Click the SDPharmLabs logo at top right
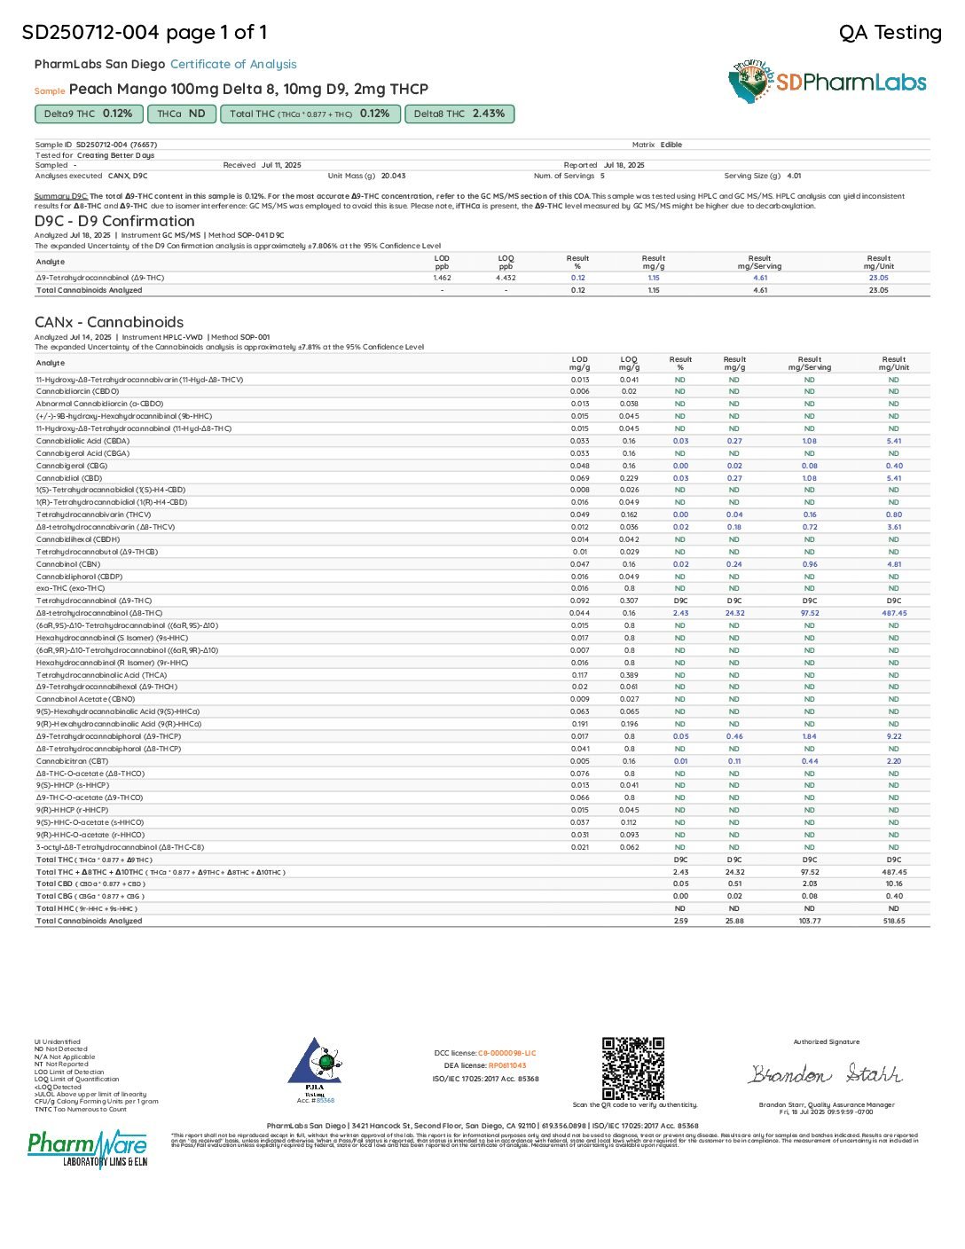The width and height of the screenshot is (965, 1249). (x=827, y=82)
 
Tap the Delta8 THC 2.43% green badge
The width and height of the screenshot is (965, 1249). (x=459, y=114)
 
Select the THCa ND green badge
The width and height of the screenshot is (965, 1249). (x=181, y=114)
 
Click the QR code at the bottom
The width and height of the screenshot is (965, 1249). (x=632, y=1068)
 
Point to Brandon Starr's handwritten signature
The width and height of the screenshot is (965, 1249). (x=826, y=1074)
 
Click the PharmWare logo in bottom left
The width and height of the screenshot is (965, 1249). (x=87, y=1149)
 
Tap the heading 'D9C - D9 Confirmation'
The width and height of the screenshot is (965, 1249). (x=114, y=221)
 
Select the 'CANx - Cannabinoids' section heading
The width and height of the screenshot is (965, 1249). (x=109, y=322)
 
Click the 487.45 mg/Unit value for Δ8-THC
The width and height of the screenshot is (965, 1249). (x=893, y=613)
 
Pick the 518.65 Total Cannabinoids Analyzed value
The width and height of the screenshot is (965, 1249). (x=893, y=921)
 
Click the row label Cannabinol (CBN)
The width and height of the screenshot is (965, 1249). (x=68, y=564)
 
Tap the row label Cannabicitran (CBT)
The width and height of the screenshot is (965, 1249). (x=72, y=761)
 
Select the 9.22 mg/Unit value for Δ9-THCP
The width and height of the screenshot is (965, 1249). (x=893, y=736)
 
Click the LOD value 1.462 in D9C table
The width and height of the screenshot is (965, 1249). (x=442, y=278)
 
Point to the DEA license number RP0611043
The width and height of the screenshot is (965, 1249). (x=506, y=1065)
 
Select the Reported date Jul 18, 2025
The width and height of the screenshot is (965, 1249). (x=624, y=165)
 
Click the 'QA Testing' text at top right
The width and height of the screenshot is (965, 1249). (x=890, y=33)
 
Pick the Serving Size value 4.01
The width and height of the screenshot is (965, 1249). (x=794, y=176)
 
